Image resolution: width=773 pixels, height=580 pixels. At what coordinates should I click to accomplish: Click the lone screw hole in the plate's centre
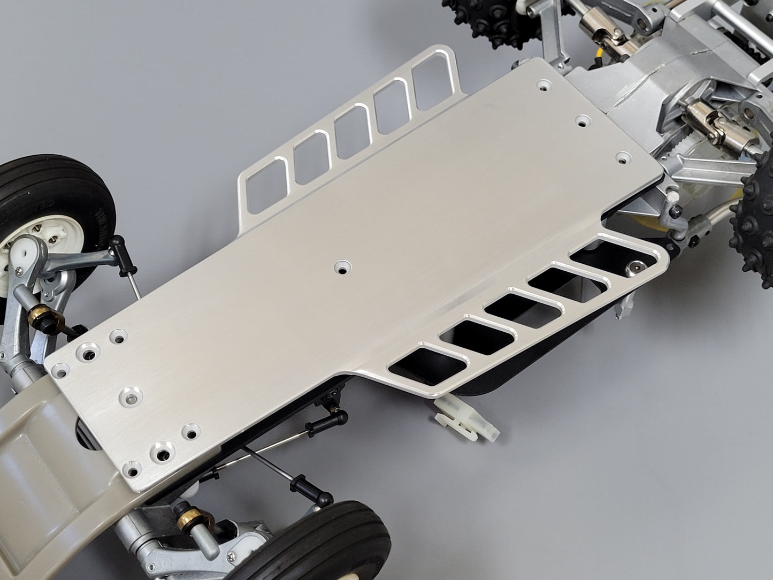(341, 266)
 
